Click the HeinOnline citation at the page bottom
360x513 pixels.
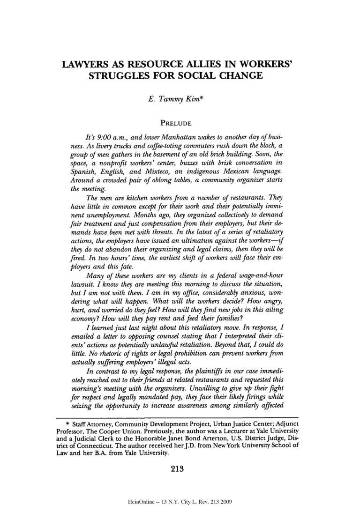180,501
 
